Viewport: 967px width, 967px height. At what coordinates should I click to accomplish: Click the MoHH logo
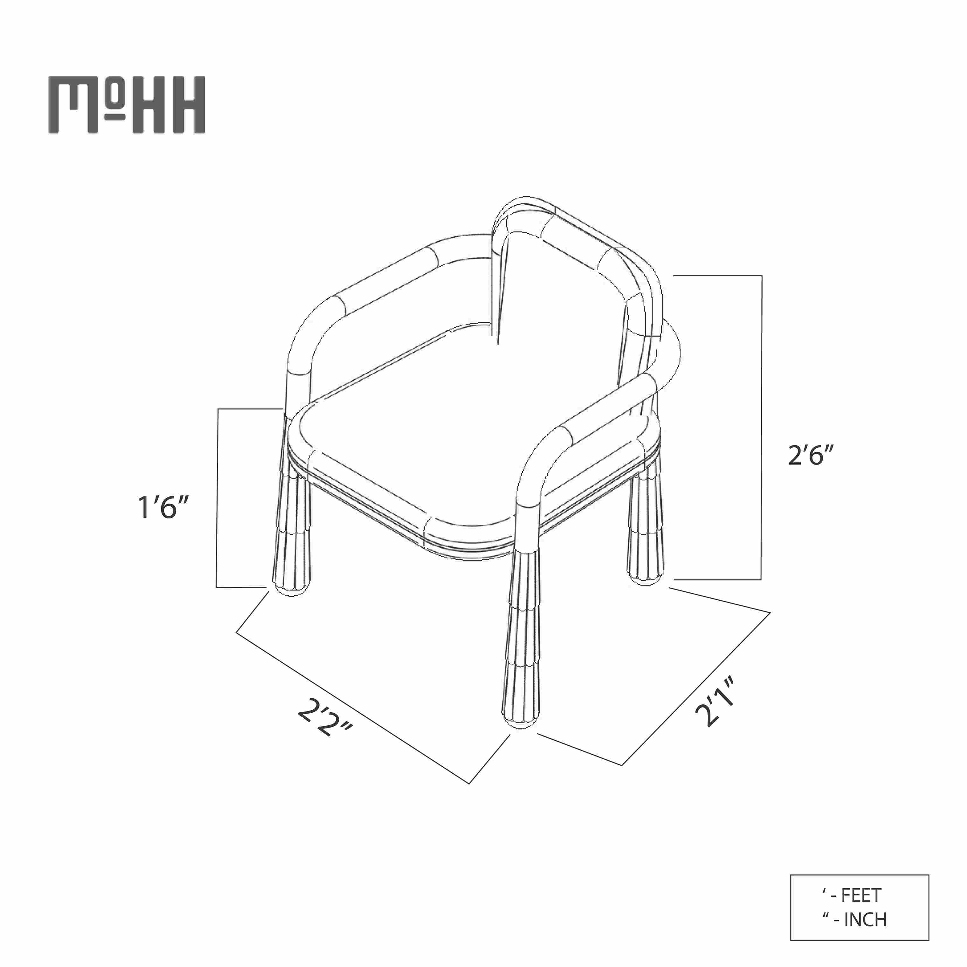(x=127, y=105)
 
